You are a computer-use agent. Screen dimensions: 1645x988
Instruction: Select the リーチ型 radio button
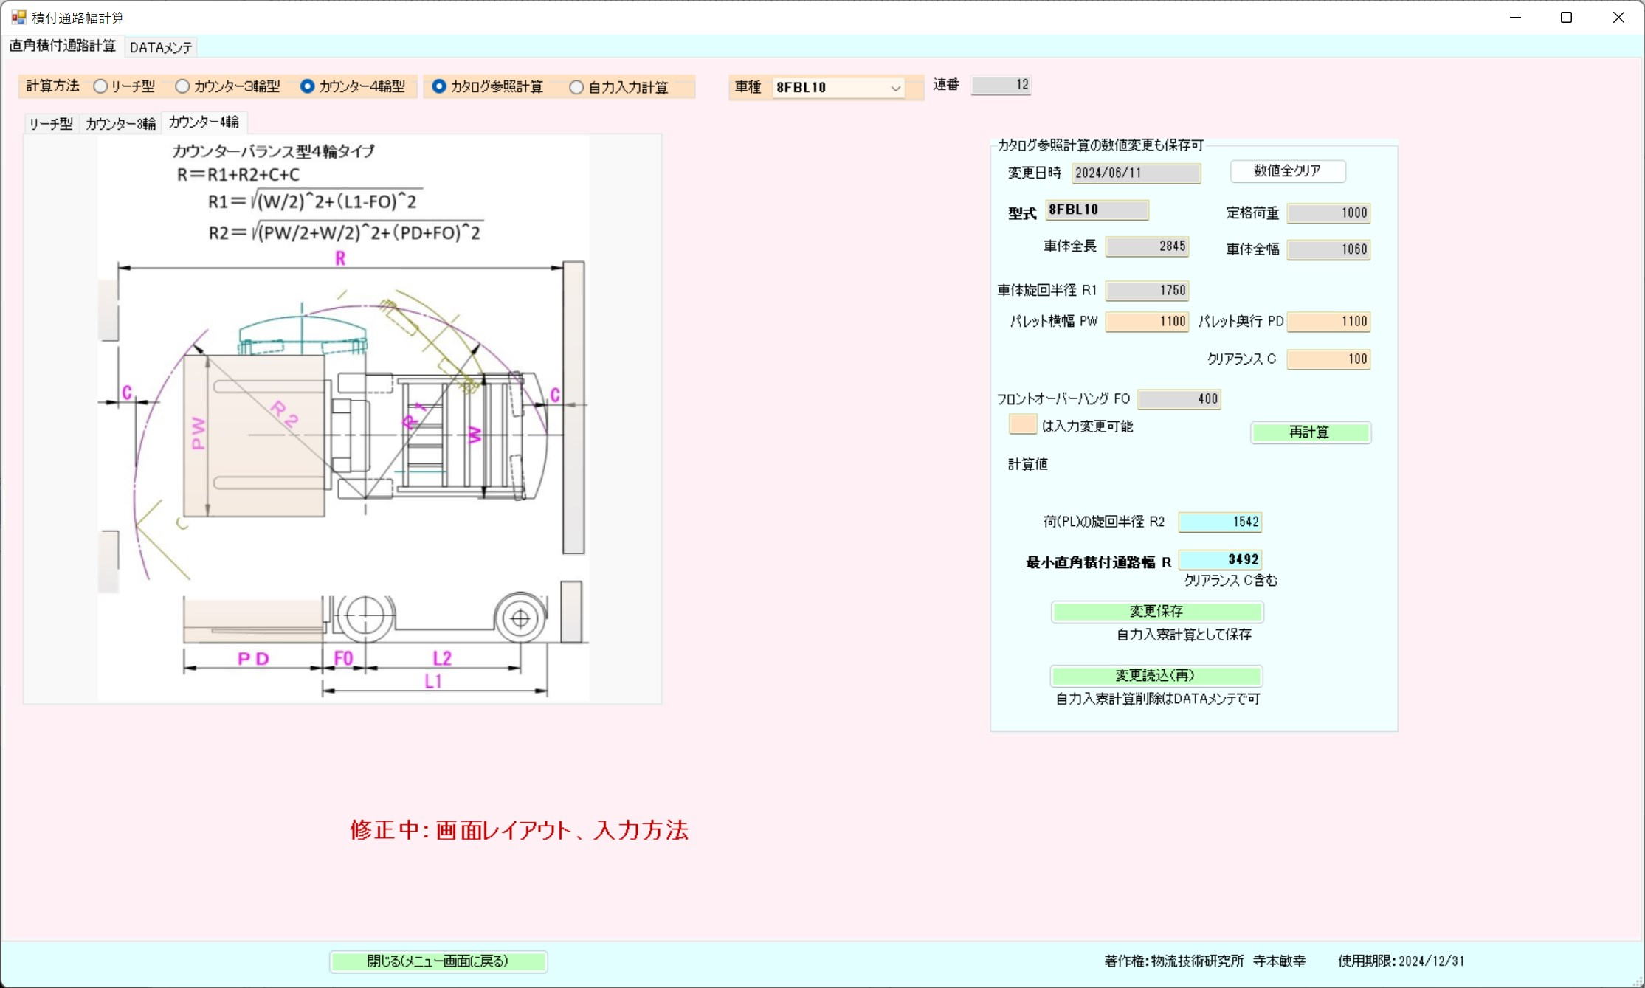[100, 86]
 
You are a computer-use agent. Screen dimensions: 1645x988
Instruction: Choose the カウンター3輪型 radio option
[182, 86]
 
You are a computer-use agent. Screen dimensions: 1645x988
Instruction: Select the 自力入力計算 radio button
[576, 88]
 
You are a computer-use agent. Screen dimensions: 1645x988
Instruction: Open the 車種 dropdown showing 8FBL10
[838, 88]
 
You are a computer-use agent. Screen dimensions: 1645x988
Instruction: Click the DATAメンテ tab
[161, 47]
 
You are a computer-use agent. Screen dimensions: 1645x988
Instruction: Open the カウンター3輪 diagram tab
[120, 124]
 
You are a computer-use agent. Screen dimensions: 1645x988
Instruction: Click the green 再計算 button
[1310, 432]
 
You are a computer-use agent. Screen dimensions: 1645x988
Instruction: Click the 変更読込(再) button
[1156, 676]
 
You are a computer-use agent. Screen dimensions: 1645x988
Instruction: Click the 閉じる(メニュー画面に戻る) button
[438, 961]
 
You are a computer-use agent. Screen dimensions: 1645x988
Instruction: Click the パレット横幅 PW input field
[1147, 322]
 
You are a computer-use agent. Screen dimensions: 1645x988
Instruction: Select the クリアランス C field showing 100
[1328, 359]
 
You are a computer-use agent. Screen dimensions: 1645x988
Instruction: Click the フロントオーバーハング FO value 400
[1179, 399]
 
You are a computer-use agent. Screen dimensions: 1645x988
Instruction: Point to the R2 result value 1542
[1220, 522]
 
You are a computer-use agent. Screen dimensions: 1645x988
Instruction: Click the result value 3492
[1220, 560]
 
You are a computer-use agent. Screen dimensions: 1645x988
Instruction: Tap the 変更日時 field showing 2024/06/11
[1136, 173]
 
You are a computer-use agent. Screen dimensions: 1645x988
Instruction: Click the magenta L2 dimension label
[442, 658]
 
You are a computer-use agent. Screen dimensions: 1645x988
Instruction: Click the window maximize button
[1566, 18]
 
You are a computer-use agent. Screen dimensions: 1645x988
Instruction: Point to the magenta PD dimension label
[253, 659]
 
